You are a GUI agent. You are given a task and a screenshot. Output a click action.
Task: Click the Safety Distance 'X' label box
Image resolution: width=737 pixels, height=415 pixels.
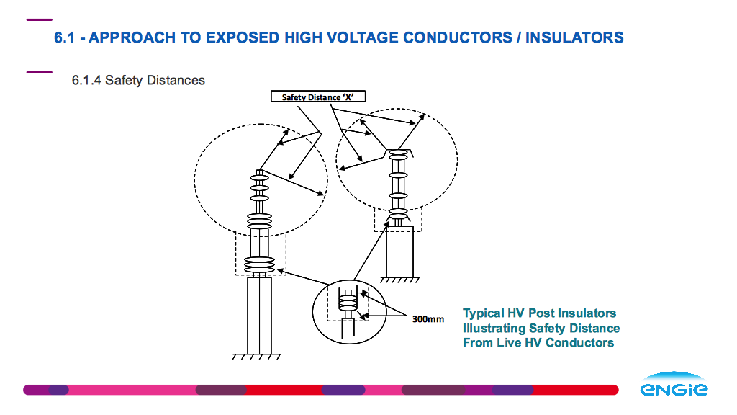(317, 97)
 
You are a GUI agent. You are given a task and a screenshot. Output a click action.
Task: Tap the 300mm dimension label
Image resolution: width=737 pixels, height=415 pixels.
(428, 319)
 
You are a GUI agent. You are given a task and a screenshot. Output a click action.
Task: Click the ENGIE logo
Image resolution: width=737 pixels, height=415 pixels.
(674, 384)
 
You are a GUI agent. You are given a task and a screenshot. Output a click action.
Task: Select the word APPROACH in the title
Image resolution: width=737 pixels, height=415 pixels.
(132, 37)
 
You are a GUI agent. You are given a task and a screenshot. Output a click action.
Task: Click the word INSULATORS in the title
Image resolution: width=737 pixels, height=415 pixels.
(574, 37)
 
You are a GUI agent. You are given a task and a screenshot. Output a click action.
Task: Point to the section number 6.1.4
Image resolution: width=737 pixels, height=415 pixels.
(86, 80)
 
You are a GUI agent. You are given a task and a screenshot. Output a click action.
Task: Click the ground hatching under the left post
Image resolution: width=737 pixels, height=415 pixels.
(257, 357)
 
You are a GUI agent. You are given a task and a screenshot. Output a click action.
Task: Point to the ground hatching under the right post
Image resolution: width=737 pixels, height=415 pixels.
(399, 280)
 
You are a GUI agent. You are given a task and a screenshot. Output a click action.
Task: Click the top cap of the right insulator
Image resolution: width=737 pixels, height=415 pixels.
(398, 153)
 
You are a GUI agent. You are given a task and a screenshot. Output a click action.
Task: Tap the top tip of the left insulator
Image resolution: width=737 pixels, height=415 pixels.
(259, 171)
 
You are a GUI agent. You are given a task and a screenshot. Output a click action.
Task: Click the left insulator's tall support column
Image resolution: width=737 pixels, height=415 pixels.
(259, 316)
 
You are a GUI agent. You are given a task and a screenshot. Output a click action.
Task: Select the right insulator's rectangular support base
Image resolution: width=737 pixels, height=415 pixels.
(399, 251)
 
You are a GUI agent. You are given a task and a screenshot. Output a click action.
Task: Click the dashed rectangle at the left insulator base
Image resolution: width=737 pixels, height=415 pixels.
(236, 254)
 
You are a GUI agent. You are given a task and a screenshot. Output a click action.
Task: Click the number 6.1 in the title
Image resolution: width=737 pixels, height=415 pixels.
(64, 37)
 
